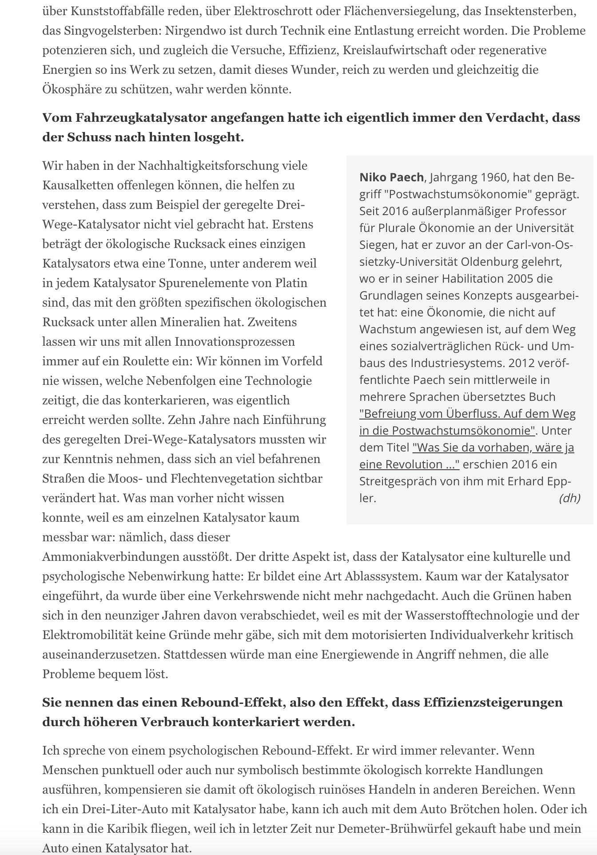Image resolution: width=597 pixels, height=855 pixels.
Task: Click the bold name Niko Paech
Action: click(x=391, y=177)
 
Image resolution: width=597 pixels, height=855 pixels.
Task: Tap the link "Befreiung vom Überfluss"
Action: click(x=467, y=414)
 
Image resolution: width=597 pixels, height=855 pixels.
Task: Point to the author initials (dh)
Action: click(x=569, y=498)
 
